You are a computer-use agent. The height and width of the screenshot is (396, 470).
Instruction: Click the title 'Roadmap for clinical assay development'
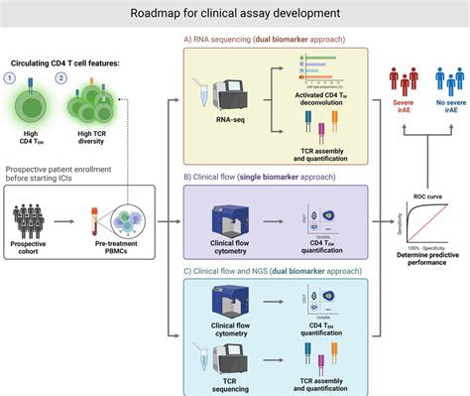pos(235,14)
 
